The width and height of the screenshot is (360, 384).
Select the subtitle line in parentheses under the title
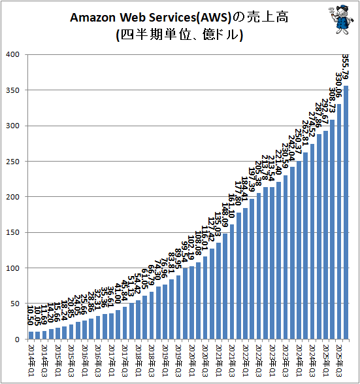pyautogui.click(x=179, y=35)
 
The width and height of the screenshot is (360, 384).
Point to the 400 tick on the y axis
pyautogui.click(x=12, y=54)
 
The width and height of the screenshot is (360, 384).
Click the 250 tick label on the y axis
pyautogui.click(x=12, y=161)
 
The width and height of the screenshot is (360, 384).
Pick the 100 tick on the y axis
pyautogui.click(x=12, y=268)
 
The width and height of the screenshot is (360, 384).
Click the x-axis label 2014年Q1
pyautogui.click(x=30, y=356)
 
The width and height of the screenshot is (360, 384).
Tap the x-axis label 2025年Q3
pyautogui.click(x=339, y=356)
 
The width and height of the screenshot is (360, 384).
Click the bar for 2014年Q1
pyautogui.click(x=30, y=336)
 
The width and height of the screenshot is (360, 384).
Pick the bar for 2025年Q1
pyautogui.click(x=333, y=229)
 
